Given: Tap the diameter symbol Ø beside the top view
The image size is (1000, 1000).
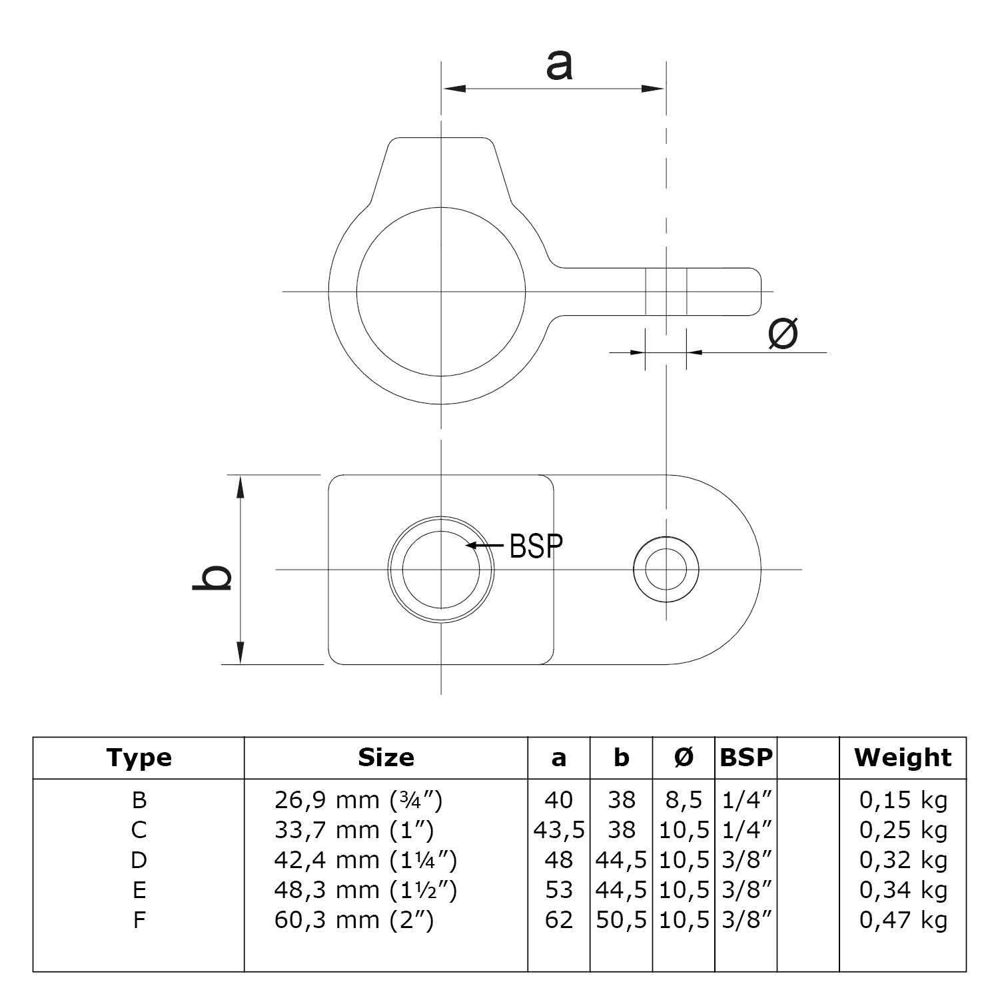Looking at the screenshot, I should click(x=783, y=333).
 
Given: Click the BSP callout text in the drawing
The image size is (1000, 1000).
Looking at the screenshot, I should click(x=536, y=546).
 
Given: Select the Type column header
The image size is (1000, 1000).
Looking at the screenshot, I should click(x=139, y=757).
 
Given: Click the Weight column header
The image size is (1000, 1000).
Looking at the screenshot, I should click(x=903, y=757).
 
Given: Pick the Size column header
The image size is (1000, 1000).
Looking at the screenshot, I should click(x=386, y=757).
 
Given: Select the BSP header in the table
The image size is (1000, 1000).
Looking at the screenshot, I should click(x=746, y=757).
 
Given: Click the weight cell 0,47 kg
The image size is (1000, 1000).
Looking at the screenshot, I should click(x=903, y=920).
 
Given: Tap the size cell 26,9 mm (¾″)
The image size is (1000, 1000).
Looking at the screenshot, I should click(x=358, y=799).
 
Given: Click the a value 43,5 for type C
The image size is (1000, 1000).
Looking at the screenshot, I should click(x=559, y=830).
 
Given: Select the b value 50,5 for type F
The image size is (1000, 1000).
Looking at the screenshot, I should click(x=621, y=920).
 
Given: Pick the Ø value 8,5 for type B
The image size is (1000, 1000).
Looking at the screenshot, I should click(x=684, y=799).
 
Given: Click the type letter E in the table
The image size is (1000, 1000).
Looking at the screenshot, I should click(x=139, y=890).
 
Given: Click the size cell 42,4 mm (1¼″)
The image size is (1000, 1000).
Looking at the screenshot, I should click(x=365, y=860).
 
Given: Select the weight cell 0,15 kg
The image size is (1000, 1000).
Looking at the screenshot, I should click(x=903, y=799).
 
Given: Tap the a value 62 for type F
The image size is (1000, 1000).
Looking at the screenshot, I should click(x=558, y=920).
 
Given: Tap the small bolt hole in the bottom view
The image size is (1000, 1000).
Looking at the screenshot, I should click(x=666, y=570).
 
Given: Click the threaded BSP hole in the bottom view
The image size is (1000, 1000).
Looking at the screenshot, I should click(x=441, y=570).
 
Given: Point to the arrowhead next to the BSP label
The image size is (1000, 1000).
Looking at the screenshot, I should click(x=471, y=545).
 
